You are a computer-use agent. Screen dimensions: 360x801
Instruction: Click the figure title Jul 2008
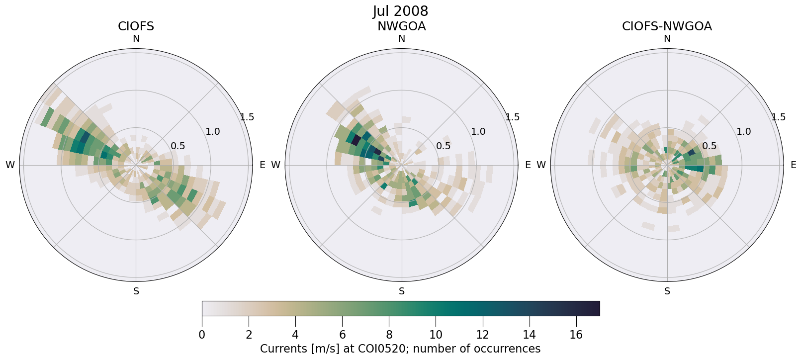[400, 11]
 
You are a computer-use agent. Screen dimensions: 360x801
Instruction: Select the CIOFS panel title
[136, 26]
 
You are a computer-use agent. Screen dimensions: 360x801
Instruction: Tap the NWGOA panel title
[401, 26]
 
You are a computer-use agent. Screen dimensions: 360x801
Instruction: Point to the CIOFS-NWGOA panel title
[667, 26]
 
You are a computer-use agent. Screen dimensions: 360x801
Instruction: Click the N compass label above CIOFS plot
[136, 39]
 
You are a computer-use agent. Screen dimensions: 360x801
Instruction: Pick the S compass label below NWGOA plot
[401, 291]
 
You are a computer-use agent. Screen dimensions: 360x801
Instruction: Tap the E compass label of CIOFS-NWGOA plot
[794, 165]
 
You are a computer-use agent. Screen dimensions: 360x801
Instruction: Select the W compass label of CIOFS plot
[10, 165]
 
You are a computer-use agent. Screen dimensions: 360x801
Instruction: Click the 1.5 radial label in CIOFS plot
[247, 117]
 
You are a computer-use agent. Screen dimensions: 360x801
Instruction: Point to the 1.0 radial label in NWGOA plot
[478, 132]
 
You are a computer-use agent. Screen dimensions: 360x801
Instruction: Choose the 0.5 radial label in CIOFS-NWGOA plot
[709, 146]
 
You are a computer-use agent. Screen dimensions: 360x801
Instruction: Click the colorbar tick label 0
[202, 335]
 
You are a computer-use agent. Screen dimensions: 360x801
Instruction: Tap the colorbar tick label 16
[576, 335]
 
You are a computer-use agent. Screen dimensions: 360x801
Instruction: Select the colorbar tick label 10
[436, 335]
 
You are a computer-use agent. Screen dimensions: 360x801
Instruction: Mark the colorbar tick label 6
[342, 335]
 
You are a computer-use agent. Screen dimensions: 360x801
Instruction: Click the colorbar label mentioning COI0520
[400, 349]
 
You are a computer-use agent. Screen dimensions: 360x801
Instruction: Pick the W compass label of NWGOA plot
[275, 165]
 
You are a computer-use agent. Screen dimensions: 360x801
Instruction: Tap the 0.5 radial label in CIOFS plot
[178, 146]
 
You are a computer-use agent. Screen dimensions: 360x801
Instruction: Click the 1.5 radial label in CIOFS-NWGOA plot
[779, 117]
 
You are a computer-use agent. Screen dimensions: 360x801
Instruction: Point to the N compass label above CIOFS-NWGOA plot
[667, 39]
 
